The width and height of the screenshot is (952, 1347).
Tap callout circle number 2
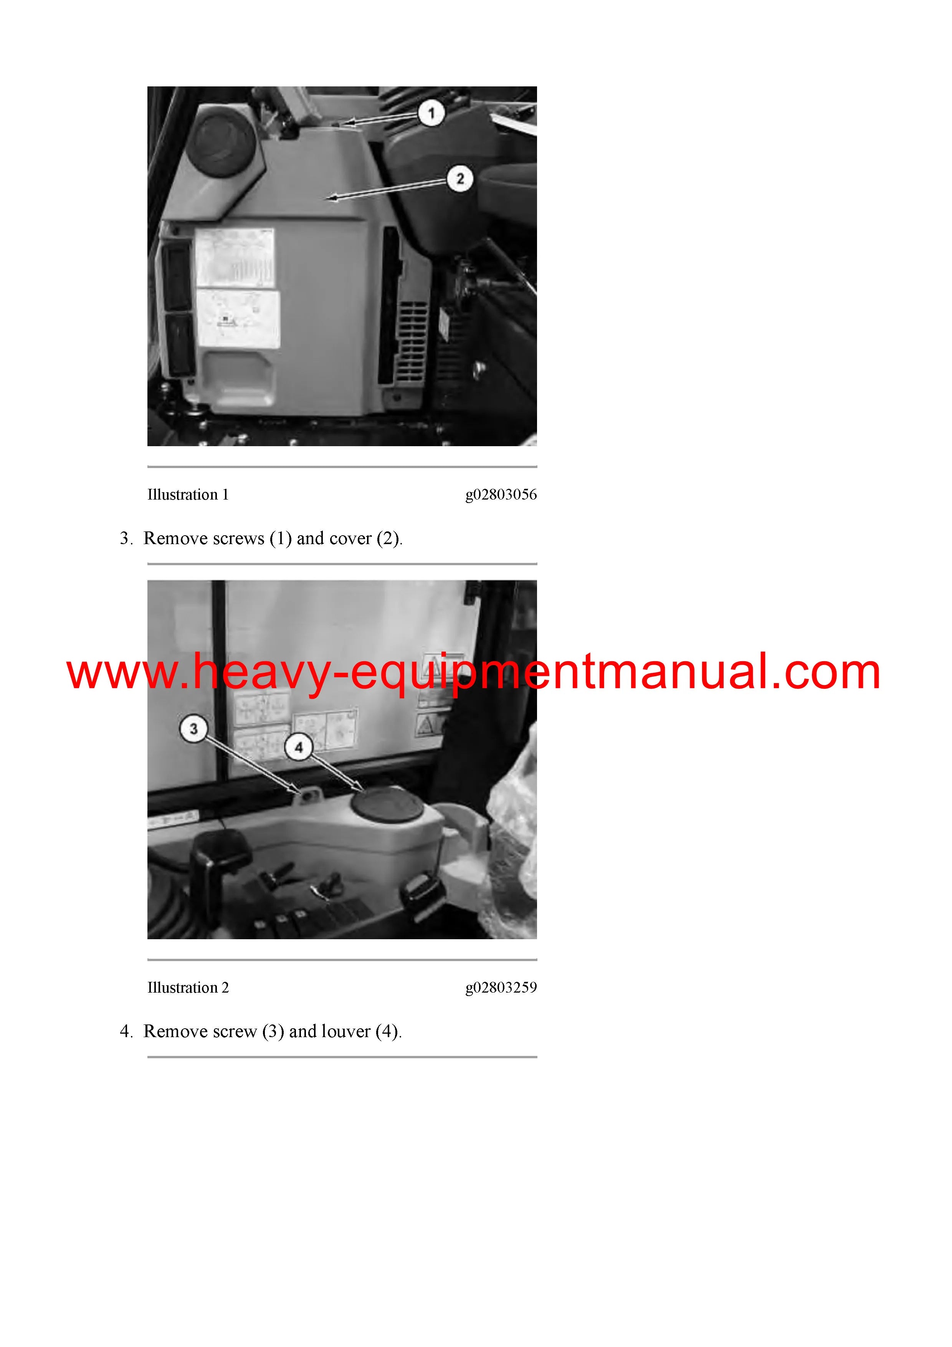tap(460, 178)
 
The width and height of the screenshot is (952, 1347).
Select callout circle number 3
tap(193, 729)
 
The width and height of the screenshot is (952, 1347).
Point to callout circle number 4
tap(299, 748)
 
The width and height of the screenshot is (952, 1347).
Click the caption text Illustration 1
tap(188, 495)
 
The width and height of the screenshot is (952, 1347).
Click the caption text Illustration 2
tap(188, 987)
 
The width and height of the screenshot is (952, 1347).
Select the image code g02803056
tap(501, 495)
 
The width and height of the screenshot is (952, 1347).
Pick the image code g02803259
tap(501, 987)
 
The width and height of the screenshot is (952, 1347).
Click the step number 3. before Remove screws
tap(127, 539)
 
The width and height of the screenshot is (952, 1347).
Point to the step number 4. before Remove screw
tap(127, 1031)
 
